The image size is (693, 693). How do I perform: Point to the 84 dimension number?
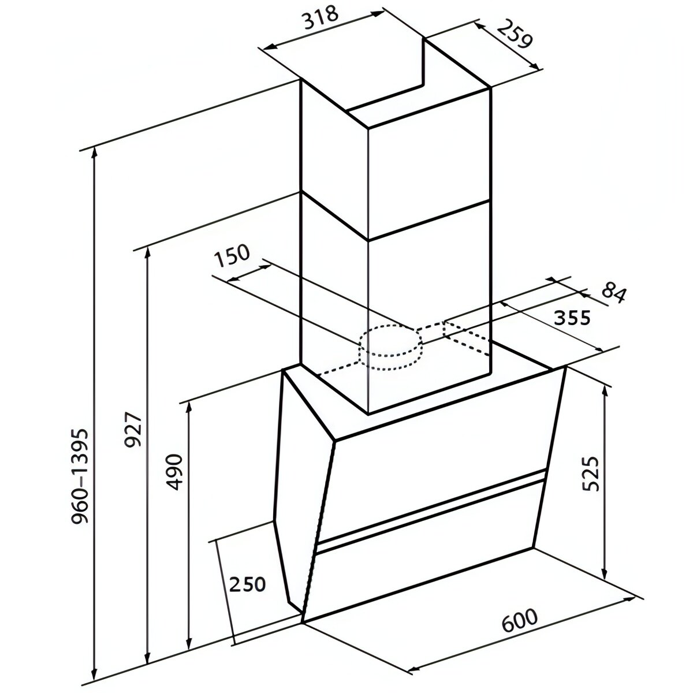pos(613,293)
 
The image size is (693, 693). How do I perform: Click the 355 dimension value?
pos(572,318)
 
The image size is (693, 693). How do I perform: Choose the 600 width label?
pos(519,620)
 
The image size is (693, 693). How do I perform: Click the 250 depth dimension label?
pos(247,584)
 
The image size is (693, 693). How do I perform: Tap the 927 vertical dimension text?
pos(133,430)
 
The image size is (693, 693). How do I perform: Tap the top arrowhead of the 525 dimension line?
pos(605,388)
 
